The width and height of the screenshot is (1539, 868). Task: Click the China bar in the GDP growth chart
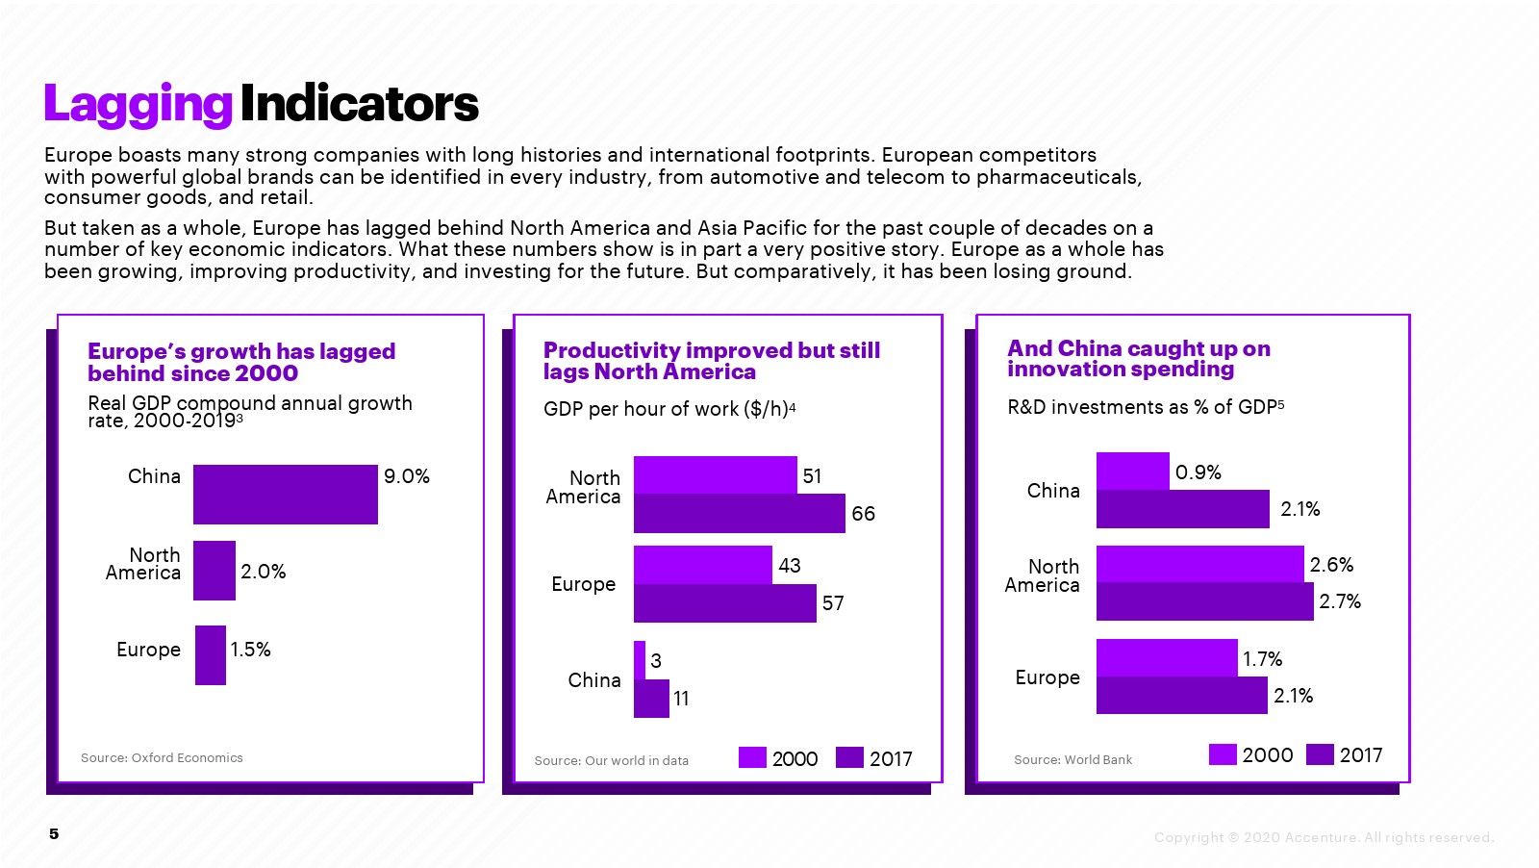(x=285, y=495)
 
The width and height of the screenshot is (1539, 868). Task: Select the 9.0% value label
(x=406, y=476)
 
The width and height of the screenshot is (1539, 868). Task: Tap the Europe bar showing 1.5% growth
(x=211, y=655)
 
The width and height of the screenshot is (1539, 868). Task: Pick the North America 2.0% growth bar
(x=214, y=571)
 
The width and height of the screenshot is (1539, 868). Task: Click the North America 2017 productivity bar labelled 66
(x=739, y=514)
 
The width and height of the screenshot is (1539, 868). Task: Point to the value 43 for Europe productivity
(x=790, y=566)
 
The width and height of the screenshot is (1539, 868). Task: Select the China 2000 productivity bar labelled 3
(x=640, y=660)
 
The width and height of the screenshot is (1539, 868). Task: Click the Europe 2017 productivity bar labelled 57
(x=724, y=603)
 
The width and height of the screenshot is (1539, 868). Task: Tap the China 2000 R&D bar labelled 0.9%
(x=1132, y=472)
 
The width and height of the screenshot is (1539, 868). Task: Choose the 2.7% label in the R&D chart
(x=1340, y=601)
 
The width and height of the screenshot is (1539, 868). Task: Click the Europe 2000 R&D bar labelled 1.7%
(x=1166, y=658)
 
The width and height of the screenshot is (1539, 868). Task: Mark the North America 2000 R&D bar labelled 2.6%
(x=1199, y=564)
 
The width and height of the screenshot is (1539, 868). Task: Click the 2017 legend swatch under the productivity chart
(x=849, y=758)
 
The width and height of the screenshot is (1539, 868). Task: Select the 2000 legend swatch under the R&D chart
(x=1223, y=754)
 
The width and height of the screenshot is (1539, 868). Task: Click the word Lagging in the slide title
(x=138, y=104)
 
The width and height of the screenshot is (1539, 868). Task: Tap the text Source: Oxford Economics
(x=162, y=758)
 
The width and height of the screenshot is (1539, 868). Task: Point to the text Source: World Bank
(x=1072, y=760)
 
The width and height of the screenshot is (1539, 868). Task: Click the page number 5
(x=54, y=834)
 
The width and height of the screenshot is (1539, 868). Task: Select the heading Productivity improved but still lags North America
(x=711, y=361)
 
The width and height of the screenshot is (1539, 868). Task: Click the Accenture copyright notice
(x=1324, y=837)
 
